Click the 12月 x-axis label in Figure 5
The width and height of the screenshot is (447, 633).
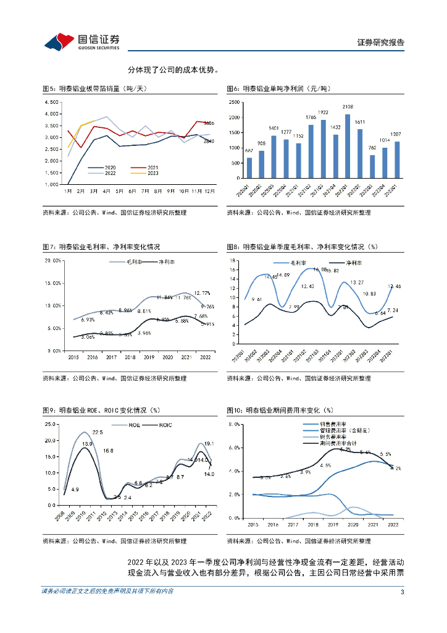click(x=210, y=192)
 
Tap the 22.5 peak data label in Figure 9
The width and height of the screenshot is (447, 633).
click(x=98, y=432)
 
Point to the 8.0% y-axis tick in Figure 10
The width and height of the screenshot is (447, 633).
click(x=233, y=425)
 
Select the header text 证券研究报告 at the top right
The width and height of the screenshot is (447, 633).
click(x=381, y=42)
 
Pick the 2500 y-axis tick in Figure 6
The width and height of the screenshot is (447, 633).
click(x=233, y=102)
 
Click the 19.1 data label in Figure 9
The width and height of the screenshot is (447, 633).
click(x=209, y=443)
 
